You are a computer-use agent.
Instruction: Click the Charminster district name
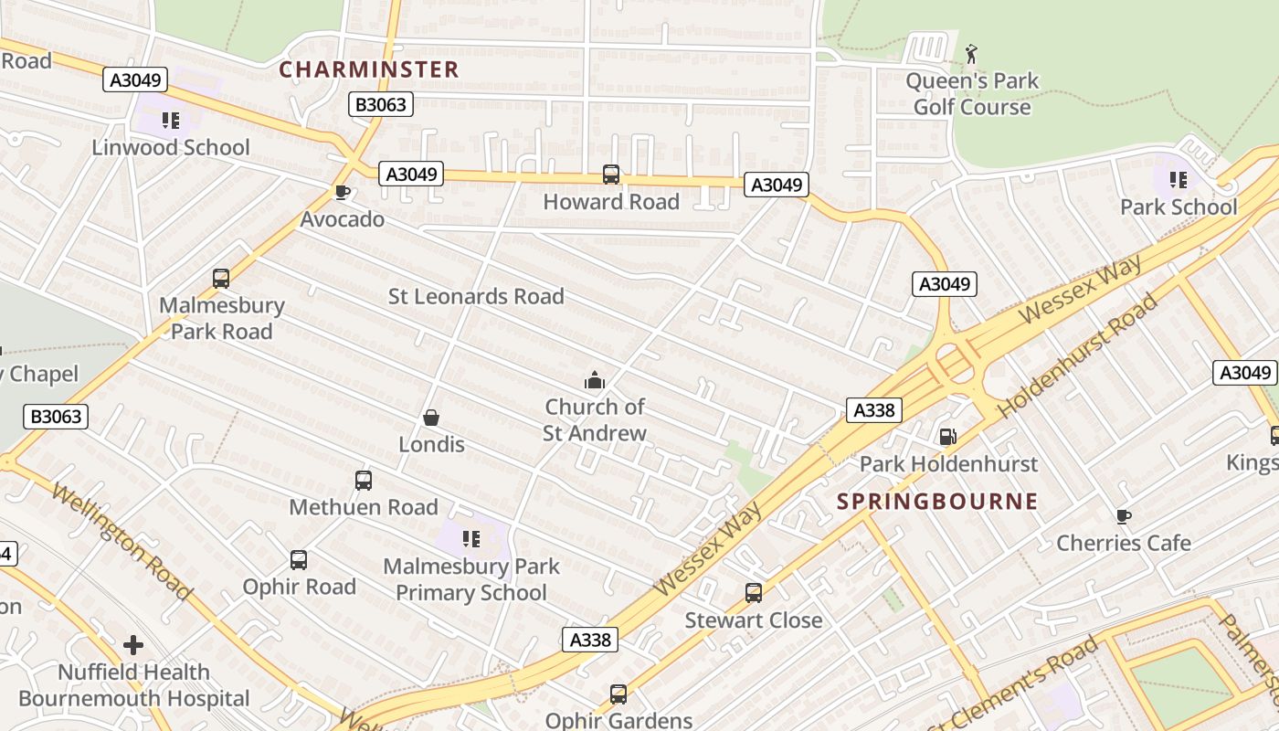point(368,69)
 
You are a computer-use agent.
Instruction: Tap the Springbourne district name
point(937,501)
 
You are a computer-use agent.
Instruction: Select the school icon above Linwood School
point(170,120)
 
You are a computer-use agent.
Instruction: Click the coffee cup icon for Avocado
point(342,192)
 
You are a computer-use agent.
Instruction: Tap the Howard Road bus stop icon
point(611,174)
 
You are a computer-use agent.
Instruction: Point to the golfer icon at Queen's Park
point(971,54)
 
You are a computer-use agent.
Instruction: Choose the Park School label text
point(1179,207)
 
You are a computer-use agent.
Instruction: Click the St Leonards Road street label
point(476,296)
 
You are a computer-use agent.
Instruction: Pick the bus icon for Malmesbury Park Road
point(221,278)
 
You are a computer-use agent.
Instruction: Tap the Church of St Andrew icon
point(595,380)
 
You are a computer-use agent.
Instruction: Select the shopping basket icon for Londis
point(431,418)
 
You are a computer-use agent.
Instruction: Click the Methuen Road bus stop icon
point(364,480)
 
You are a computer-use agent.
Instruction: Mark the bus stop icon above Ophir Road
point(299,559)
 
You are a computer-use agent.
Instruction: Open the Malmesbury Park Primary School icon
point(471,538)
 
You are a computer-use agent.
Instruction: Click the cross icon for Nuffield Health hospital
point(133,645)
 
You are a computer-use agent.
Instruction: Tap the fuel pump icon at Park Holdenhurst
point(948,437)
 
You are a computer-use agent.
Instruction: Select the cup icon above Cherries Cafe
point(1124,516)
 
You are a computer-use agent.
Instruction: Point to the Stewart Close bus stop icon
point(754,593)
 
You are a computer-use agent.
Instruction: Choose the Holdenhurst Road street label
point(1077,355)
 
